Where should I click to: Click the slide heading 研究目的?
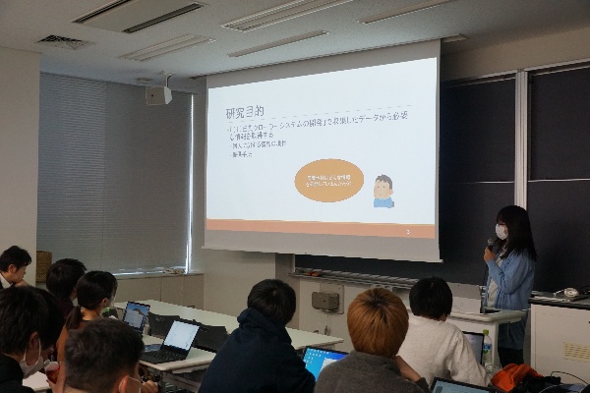point(244,114)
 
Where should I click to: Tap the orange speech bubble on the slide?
point(329,180)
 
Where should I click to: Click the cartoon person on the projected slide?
point(383,191)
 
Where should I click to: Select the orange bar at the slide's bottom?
point(321,228)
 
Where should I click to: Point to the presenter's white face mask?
point(501,232)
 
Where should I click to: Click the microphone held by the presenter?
point(491,244)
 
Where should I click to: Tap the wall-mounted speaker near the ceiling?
point(158,95)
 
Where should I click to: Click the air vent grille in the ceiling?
point(63,42)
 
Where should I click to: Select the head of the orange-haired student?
point(378,321)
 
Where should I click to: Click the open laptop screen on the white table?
point(180,336)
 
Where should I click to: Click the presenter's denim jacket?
point(512,281)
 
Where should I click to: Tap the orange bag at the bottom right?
point(515,377)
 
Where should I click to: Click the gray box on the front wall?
point(325,301)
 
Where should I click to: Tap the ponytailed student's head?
point(94,291)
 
